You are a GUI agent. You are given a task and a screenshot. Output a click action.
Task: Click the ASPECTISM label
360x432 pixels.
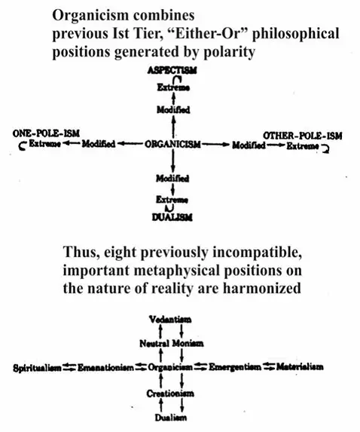[x=172, y=71]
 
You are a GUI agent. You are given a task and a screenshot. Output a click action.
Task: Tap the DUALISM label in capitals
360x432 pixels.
[x=172, y=217]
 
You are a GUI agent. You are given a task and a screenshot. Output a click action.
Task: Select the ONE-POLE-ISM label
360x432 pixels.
[x=46, y=133]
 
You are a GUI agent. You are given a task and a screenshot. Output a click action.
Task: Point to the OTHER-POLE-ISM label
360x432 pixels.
[x=303, y=136]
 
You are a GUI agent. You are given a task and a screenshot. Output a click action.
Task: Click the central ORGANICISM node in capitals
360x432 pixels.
[x=172, y=144]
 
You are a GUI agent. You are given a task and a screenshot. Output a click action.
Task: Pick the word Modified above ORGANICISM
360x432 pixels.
[x=173, y=110]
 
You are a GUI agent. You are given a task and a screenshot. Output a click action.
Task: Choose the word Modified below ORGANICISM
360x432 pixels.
[x=172, y=179]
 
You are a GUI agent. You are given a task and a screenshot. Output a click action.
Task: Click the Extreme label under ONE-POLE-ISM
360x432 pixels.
[x=45, y=143]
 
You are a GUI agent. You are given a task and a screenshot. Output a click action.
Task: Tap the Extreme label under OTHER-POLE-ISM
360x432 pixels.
[x=303, y=146]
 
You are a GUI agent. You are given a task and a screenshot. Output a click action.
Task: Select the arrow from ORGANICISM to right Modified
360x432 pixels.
[x=215, y=144]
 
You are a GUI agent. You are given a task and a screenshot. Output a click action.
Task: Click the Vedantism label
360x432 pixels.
[x=170, y=320]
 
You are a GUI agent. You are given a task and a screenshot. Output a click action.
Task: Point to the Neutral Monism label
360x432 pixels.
[x=172, y=344]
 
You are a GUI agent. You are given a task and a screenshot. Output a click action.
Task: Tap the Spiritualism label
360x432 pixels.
[x=37, y=368]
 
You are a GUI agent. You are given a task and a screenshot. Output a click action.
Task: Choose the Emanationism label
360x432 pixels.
[x=105, y=367]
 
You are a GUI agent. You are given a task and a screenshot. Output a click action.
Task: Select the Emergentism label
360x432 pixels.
[x=235, y=367]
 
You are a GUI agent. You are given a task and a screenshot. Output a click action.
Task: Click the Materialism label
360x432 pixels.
[x=300, y=366]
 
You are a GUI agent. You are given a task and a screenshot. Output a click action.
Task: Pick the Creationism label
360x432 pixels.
[x=170, y=394]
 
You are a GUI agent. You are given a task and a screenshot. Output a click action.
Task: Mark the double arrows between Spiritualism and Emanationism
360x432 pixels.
[x=69, y=367]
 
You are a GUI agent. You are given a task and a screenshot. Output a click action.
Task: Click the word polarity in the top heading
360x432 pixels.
[x=229, y=52]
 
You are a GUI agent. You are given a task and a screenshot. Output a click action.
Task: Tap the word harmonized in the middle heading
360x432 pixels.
[x=262, y=288]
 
